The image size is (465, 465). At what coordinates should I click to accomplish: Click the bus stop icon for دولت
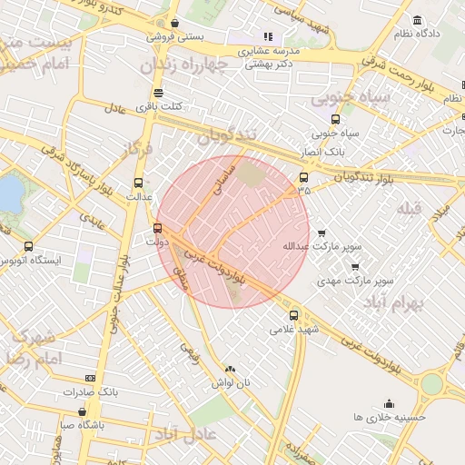tap(159, 228)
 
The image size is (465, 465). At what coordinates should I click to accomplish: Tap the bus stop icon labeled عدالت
tap(139, 182)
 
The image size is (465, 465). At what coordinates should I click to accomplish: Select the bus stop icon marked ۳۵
tap(303, 178)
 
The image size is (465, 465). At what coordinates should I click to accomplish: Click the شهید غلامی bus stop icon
tap(292, 315)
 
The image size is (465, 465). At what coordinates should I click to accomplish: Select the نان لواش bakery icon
tap(229, 369)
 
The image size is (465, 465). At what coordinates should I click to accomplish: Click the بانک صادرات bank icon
tap(90, 378)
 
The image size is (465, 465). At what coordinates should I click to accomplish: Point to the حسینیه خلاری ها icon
tap(390, 404)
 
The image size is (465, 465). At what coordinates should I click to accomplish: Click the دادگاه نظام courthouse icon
tap(417, 20)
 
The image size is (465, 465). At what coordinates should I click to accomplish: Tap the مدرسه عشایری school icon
tap(268, 37)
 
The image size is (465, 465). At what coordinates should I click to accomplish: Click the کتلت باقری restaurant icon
tap(159, 93)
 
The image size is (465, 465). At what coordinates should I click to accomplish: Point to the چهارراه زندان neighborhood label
tap(180, 65)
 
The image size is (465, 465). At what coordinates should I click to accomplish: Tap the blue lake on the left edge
tap(8, 193)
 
